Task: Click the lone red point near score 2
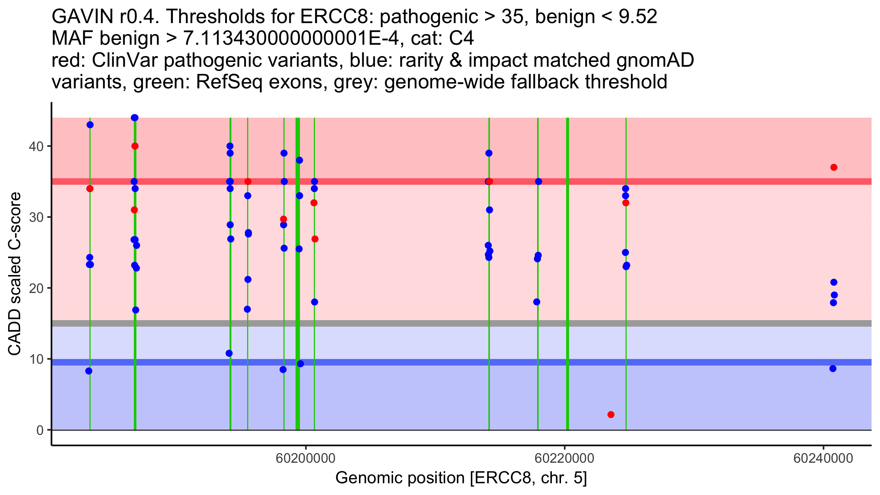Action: pos(611,415)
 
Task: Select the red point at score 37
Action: pos(834,168)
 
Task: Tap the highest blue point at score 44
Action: pos(135,118)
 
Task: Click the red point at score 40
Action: pos(135,146)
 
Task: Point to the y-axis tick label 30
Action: pos(36,217)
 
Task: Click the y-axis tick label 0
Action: pos(40,430)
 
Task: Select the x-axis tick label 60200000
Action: pos(306,459)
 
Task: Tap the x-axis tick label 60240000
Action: pos(824,459)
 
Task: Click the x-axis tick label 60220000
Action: pos(565,459)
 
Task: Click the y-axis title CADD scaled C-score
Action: pos(15,274)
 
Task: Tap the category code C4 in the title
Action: pos(461,38)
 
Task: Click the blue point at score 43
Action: pos(90,125)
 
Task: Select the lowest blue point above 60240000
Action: pos(833,368)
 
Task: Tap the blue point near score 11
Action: pos(229,353)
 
